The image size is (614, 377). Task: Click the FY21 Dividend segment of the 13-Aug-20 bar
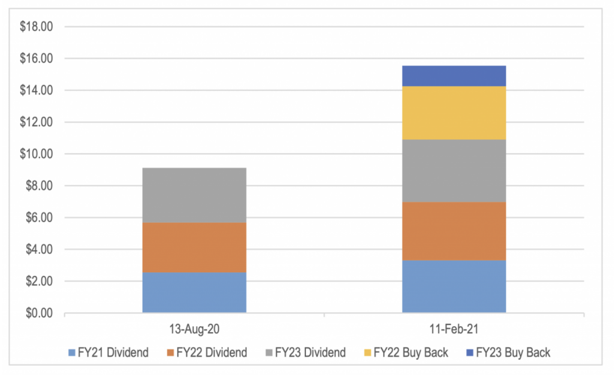coord(194,292)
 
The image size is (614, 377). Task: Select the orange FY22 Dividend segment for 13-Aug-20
coord(194,247)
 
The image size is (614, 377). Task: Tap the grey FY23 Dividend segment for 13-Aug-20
coord(194,195)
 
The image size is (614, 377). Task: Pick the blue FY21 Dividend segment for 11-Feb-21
coord(454,286)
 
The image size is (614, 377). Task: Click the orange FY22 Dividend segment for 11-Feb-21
coord(454,231)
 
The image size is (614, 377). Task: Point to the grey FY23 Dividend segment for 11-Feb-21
coord(454,171)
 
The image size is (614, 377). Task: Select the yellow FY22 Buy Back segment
coord(454,113)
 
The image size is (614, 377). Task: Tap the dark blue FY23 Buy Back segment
coord(454,76)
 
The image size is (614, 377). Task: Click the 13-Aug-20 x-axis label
coord(194,329)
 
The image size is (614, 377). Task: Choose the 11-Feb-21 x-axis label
coord(454,329)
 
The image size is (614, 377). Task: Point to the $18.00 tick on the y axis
coord(36,27)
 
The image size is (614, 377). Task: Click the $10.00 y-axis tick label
coord(36,154)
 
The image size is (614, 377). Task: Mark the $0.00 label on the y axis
coord(39,313)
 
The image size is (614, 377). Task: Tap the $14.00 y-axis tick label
coord(36,90)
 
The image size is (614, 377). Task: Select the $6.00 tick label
coord(39,218)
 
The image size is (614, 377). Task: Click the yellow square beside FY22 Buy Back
coord(367,353)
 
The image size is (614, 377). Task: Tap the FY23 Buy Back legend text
coord(513,353)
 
